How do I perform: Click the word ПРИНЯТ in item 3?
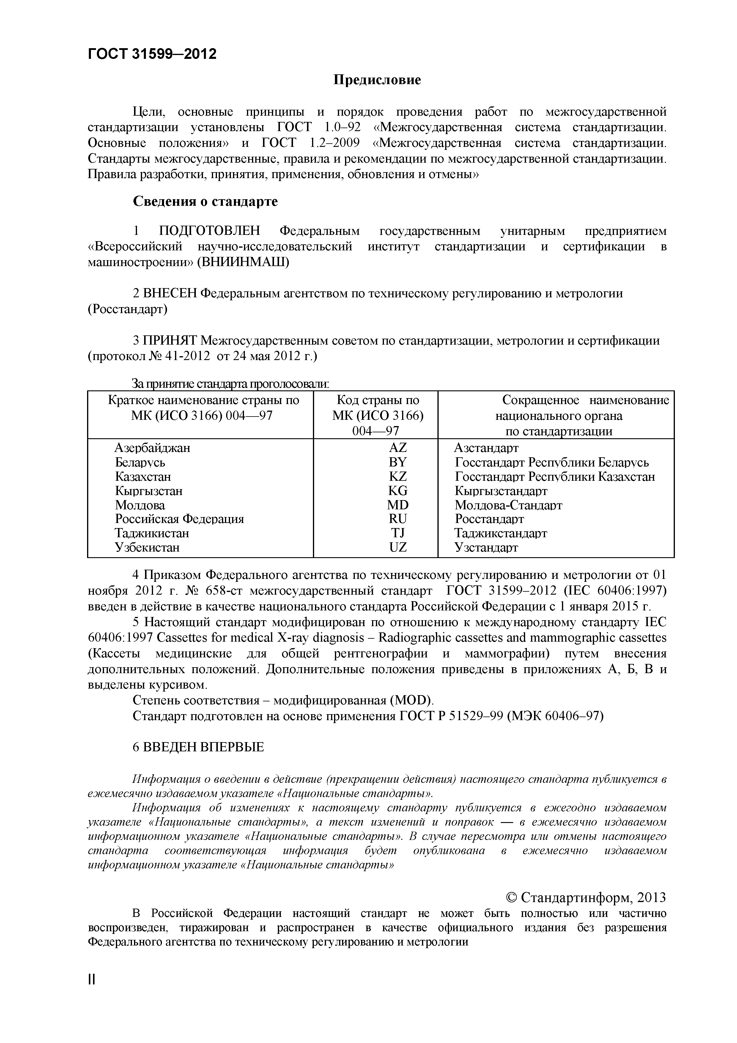[x=171, y=341]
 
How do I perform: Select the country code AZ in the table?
[x=398, y=448]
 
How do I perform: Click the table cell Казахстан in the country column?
[x=143, y=477]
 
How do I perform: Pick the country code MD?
[x=398, y=505]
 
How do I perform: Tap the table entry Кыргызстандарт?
[x=501, y=491]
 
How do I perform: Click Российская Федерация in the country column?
[x=179, y=519]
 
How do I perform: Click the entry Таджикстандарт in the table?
[x=501, y=533]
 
